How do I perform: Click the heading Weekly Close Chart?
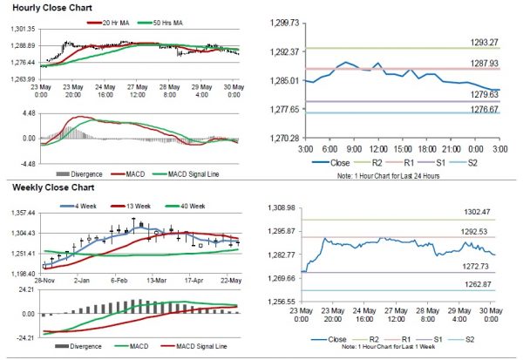point(44,187)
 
